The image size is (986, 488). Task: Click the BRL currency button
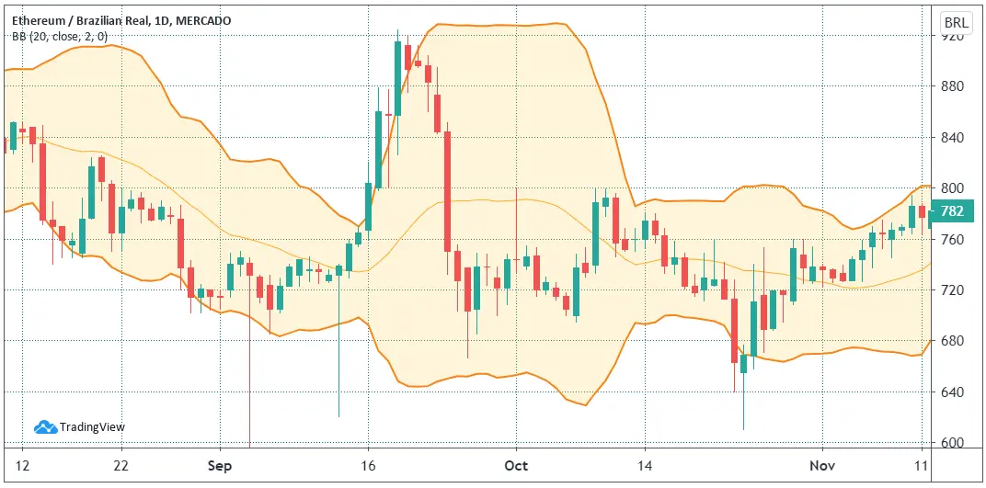coord(957,21)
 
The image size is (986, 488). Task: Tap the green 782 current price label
coord(953,211)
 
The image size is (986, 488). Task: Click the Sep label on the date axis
coord(218,466)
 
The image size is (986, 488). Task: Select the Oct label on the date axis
coord(516,466)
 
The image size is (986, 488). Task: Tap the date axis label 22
coord(120,466)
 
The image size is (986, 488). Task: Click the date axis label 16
coord(367,466)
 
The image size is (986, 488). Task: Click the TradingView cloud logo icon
coord(46,426)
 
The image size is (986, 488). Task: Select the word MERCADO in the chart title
coord(205,20)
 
